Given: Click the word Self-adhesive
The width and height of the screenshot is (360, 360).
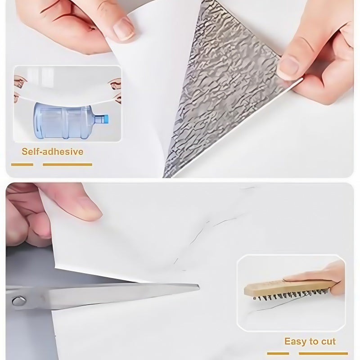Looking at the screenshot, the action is (52, 152).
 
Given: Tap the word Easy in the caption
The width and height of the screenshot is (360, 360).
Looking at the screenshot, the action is (294, 342).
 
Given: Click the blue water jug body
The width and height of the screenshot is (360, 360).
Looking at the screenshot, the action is (65, 121).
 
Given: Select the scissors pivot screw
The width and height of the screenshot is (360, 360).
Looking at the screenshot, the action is (19, 301).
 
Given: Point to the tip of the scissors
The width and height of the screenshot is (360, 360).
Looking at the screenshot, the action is (199, 287).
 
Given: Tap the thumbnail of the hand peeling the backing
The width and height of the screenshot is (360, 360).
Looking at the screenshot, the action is (123, 29).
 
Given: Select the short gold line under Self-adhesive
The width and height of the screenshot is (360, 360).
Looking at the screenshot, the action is (22, 165).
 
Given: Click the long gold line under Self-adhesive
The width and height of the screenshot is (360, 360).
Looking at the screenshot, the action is (67, 165).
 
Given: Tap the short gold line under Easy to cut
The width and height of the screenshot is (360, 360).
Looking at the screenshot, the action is (278, 353).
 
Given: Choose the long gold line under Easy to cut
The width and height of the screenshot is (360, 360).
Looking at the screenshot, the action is (324, 353).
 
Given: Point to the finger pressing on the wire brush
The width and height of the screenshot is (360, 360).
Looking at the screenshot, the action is (315, 273).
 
